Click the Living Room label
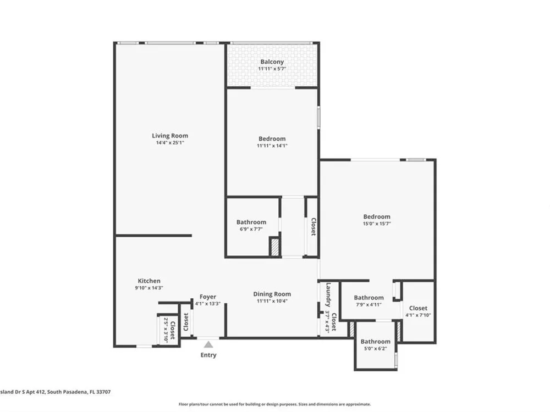(x=170, y=136)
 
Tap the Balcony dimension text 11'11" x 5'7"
(x=272, y=69)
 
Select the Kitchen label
(x=149, y=281)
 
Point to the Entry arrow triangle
(x=208, y=344)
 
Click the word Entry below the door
(x=208, y=355)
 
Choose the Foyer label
(x=208, y=297)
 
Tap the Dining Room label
(x=272, y=294)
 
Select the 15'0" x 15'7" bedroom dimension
(x=377, y=224)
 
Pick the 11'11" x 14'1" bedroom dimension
(x=272, y=146)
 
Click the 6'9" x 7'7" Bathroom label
(x=251, y=222)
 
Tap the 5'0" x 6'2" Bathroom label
(x=375, y=341)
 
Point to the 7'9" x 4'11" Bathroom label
(x=369, y=297)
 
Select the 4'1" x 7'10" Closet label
(x=418, y=308)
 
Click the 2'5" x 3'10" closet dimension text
(x=166, y=330)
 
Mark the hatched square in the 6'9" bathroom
(x=274, y=247)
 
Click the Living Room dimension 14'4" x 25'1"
(x=170, y=143)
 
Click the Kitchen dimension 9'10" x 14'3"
(x=149, y=288)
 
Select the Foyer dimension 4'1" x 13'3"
(x=208, y=304)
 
